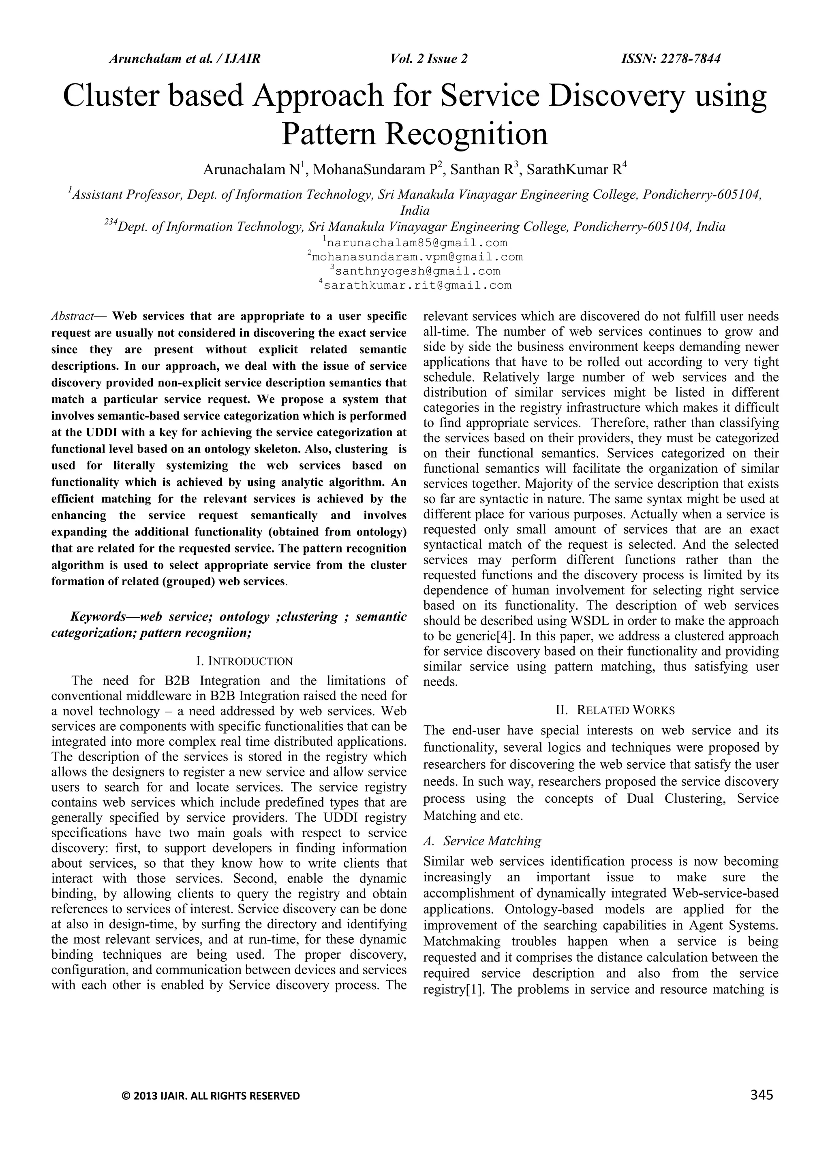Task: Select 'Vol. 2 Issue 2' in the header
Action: (x=429, y=59)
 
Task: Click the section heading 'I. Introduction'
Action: (x=244, y=661)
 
